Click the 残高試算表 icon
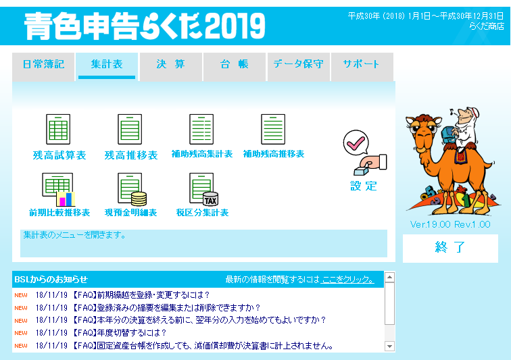58,129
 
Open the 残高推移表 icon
130,129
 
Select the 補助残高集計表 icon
201,129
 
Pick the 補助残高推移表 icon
273,129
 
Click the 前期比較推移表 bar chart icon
59,190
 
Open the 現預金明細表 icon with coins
132,190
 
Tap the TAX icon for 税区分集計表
203,190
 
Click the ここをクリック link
347,280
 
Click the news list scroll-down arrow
389,346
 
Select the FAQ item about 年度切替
118,332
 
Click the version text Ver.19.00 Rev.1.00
450,224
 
